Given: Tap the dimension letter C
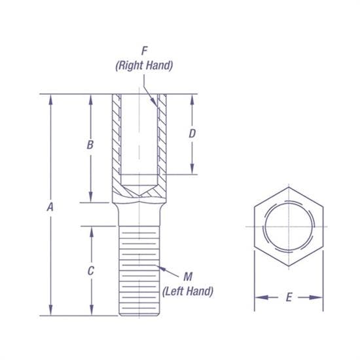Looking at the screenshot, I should [91, 270].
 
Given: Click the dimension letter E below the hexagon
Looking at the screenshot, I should [288, 298].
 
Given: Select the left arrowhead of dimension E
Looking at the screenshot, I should [258, 298].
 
